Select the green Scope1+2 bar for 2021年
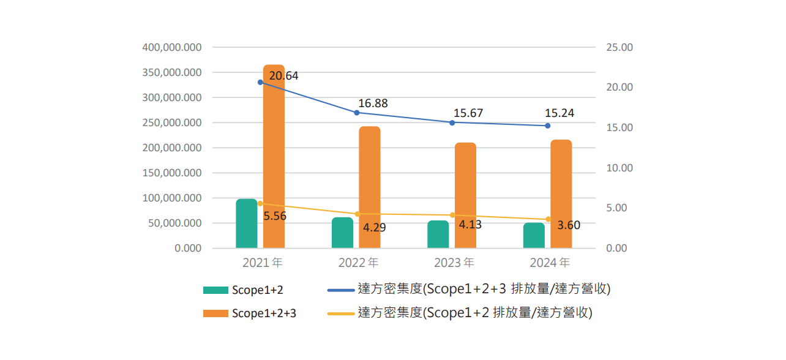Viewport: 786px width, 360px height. pyautogui.click(x=247, y=223)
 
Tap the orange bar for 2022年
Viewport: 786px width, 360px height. pyautogui.click(x=370, y=187)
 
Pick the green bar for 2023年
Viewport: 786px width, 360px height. pyautogui.click(x=438, y=234)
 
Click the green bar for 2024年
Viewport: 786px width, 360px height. pyautogui.click(x=534, y=235)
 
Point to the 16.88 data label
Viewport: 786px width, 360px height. pyautogui.click(x=373, y=103)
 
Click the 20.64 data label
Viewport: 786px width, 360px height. pyautogui.click(x=283, y=76)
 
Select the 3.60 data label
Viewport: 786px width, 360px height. pyautogui.click(x=569, y=225)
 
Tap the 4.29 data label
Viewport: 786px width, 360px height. pyautogui.click(x=375, y=227)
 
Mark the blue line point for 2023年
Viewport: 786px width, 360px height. pyautogui.click(x=452, y=122)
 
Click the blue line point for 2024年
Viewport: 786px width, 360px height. pyautogui.click(x=548, y=126)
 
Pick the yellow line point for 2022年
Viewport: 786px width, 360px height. pyautogui.click(x=357, y=214)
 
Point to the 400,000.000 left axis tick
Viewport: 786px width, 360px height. pyautogui.click(x=171, y=47)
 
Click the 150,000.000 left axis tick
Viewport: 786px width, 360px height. pyautogui.click(x=171, y=173)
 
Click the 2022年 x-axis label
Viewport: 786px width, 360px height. pyautogui.click(x=358, y=263)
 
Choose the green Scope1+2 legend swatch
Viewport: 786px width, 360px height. pyautogui.click(x=215, y=290)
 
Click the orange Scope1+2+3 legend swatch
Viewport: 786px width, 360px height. pyautogui.click(x=215, y=313)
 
